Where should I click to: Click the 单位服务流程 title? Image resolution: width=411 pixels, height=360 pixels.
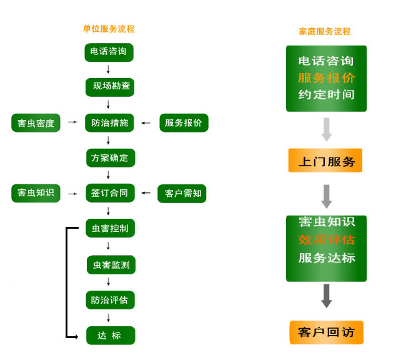109,29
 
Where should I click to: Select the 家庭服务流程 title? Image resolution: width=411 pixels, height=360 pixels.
325,31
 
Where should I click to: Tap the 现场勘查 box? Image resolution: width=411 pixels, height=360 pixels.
110,86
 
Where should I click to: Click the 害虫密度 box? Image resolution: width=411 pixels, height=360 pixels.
36,123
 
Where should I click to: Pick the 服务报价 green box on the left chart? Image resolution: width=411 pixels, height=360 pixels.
184,123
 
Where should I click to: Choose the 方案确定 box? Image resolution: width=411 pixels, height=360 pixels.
110,158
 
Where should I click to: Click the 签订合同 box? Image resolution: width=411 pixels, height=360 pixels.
110,193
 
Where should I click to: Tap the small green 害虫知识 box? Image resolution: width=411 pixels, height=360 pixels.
36,193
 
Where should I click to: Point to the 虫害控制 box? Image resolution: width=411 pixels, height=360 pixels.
110,228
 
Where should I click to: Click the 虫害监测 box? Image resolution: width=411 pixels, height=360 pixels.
111,265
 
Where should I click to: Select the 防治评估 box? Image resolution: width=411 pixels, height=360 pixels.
110,300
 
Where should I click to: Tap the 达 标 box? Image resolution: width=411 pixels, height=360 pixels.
110,336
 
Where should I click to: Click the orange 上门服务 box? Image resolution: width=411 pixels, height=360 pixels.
325,161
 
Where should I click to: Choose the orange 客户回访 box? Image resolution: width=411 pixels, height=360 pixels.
326,332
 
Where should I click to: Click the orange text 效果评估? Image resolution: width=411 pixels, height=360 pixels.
326,240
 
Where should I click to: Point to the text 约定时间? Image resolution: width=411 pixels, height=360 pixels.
326,95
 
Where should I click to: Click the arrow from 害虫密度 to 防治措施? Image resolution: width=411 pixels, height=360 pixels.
72,122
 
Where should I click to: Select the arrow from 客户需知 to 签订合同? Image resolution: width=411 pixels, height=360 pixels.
146,193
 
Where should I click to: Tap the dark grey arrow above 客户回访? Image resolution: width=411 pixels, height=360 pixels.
326,296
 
